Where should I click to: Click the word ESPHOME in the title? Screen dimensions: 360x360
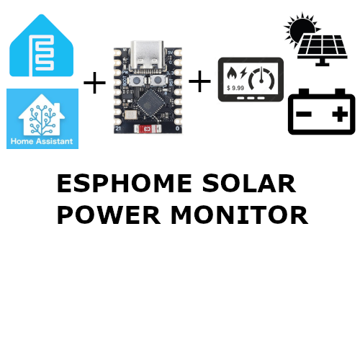[x=125, y=184]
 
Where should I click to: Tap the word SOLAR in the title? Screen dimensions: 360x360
[x=249, y=184]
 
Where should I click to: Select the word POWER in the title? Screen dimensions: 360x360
[x=109, y=215]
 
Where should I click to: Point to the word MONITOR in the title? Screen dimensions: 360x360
[x=239, y=215]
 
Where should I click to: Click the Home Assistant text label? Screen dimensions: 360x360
[x=42, y=141]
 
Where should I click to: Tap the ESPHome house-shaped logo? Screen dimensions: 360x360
[x=41, y=45]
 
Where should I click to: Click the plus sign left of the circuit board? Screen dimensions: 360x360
[x=94, y=83]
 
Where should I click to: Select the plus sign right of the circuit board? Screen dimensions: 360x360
[x=199, y=81]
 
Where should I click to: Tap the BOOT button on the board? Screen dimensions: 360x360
[x=137, y=81]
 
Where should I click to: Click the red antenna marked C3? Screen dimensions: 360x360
[x=147, y=129]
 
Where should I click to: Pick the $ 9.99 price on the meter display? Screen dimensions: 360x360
[x=235, y=88]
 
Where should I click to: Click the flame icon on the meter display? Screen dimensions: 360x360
[x=232, y=73]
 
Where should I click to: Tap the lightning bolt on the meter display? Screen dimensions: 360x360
[x=243, y=73]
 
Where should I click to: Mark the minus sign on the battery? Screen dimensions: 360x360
[x=304, y=114]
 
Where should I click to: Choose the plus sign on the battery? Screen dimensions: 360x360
[x=340, y=114]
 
